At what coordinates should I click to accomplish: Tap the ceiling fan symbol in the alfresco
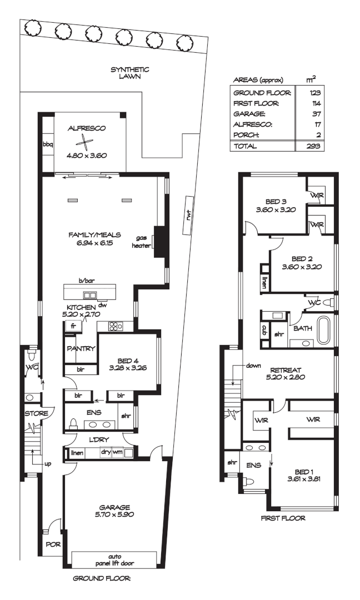[82, 141]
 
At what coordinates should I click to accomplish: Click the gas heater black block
[160, 242]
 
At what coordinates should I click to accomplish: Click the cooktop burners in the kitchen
[116, 327]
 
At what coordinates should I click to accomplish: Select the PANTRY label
[81, 349]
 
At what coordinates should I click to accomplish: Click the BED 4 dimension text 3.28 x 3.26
[127, 367]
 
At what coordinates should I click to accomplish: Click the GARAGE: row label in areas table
[249, 114]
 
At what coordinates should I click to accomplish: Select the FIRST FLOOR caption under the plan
[283, 518]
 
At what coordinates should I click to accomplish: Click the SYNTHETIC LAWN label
[130, 73]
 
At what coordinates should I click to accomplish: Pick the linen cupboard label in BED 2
[264, 282]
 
